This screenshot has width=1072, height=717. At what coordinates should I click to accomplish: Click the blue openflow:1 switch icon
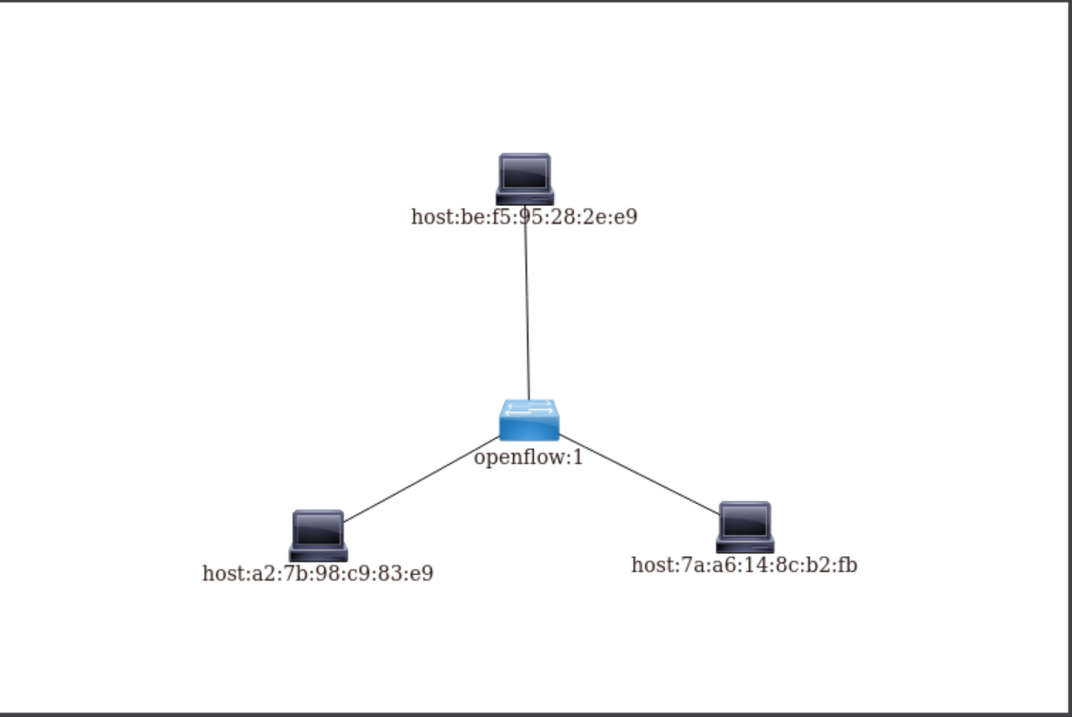click(529, 421)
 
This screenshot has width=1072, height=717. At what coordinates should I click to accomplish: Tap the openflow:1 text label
click(528, 458)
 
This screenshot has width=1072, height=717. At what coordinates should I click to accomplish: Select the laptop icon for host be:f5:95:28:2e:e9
click(525, 179)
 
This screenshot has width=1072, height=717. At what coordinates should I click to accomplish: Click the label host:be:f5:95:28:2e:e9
click(524, 217)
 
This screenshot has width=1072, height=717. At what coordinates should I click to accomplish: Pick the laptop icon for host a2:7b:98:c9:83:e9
click(318, 536)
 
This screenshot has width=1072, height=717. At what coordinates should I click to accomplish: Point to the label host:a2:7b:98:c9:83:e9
click(317, 573)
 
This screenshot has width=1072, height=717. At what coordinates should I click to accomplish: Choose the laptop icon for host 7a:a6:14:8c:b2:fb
click(745, 528)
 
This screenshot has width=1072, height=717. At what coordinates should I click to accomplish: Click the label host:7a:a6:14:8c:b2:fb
click(744, 565)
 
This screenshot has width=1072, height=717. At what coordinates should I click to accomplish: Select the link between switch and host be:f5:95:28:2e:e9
click(527, 313)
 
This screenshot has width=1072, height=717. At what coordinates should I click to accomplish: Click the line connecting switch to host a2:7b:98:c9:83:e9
click(421, 479)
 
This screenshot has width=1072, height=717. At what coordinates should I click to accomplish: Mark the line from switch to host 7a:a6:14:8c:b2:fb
click(639, 475)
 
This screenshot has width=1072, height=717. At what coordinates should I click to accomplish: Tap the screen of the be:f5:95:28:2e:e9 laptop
click(525, 172)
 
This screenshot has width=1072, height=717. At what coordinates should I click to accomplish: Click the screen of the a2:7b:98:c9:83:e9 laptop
click(318, 529)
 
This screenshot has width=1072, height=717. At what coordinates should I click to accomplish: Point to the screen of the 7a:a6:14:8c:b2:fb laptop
click(745, 521)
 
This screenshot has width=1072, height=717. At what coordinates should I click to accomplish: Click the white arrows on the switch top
click(529, 408)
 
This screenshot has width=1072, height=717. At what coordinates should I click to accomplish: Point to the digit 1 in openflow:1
click(578, 458)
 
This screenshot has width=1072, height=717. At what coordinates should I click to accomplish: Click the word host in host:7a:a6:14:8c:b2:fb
click(651, 565)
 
